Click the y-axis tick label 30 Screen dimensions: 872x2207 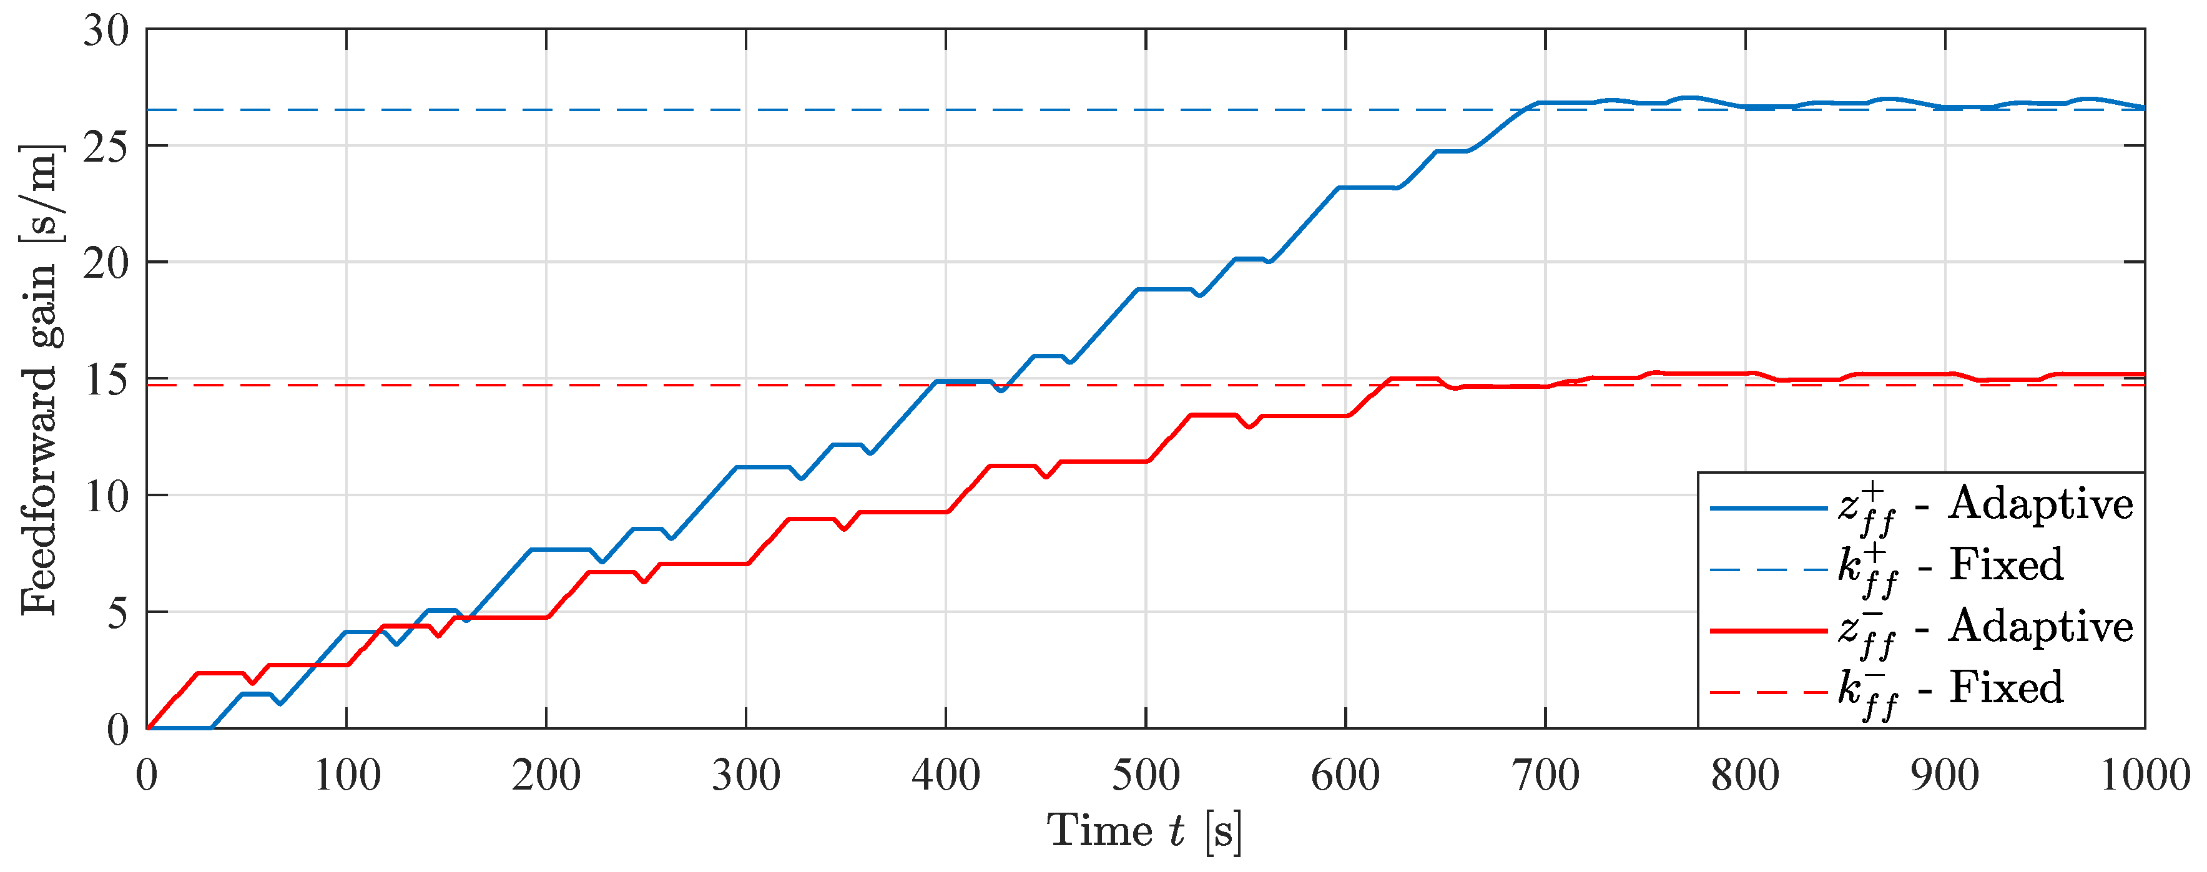click(106, 32)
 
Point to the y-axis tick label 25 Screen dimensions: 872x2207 click(106, 148)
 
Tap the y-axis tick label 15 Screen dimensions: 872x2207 click(106, 380)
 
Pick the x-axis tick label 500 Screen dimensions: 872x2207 click(1146, 776)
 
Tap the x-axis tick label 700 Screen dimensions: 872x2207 click(1545, 776)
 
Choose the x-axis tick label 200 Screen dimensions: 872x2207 click(546, 776)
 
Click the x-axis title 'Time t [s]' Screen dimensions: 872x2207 click(1144, 831)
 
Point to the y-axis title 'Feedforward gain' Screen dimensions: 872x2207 click(39, 381)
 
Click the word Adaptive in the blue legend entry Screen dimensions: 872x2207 click(2041, 504)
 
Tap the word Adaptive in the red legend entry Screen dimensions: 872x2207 click(2041, 627)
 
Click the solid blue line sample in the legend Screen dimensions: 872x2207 click(1767, 509)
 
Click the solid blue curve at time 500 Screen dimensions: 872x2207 click(1146, 290)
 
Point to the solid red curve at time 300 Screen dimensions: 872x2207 click(746, 564)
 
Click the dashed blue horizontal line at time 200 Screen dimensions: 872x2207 click(546, 110)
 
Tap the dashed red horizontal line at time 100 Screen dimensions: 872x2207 click(346, 386)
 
